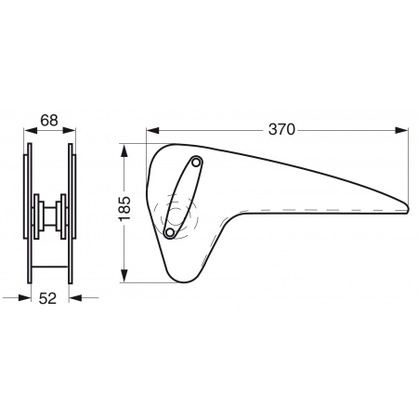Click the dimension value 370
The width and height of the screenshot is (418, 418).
(x=281, y=129)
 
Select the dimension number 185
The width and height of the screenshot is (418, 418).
(x=125, y=209)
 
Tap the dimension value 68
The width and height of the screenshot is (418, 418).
(x=49, y=120)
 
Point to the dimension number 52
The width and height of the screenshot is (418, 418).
(x=47, y=298)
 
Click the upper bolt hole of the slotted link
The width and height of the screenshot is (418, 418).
(x=196, y=162)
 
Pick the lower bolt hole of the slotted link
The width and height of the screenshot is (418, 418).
(x=169, y=232)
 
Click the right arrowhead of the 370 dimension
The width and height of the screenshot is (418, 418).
(x=401, y=130)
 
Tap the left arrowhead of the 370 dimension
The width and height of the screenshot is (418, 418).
(x=152, y=130)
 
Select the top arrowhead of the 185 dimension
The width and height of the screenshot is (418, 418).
(x=124, y=150)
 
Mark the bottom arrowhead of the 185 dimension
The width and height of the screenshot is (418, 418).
(x=124, y=276)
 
